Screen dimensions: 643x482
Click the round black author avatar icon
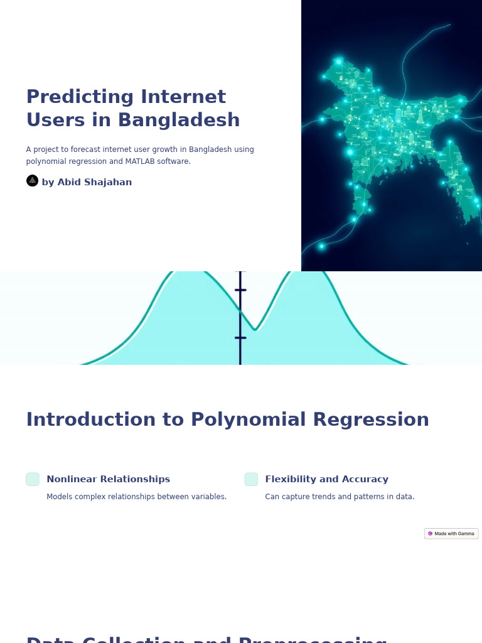pos(33,181)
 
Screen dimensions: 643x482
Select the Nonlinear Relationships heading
pos(108,480)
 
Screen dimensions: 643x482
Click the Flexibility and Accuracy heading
pos(326,480)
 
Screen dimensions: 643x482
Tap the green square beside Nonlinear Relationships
pos(33,479)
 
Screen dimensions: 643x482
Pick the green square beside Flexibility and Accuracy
pos(251,479)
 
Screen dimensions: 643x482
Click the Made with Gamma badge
pos(451,534)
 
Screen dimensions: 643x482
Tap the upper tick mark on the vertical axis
pos(240,290)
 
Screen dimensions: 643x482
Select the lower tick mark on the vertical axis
pos(240,338)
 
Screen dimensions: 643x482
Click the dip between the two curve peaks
pos(255,328)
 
